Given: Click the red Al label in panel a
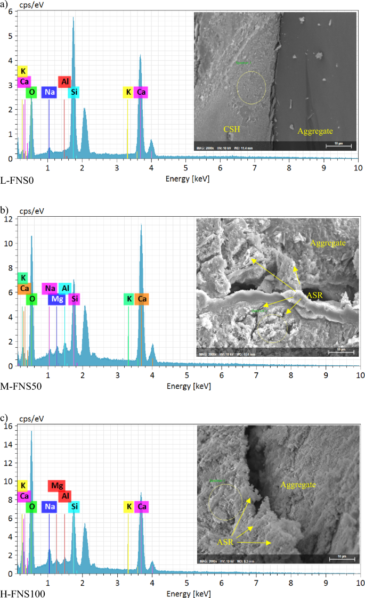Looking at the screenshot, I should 64,81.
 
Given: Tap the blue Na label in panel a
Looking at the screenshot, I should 50,92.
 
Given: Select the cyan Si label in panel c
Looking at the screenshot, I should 75,506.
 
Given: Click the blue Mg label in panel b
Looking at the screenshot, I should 57,299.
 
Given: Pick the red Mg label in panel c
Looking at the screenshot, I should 56,486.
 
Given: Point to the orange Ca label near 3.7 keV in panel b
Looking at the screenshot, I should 142,299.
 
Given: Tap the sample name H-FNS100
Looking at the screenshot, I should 20,593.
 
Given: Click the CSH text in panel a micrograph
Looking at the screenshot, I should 232,129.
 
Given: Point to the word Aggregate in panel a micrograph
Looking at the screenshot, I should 314,129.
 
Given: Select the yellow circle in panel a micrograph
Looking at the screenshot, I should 251,88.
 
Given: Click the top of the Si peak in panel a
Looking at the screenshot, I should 74,18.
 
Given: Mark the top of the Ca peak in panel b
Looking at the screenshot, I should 141,225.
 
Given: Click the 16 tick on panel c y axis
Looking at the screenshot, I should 11,426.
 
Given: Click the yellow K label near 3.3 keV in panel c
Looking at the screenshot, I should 128,506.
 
